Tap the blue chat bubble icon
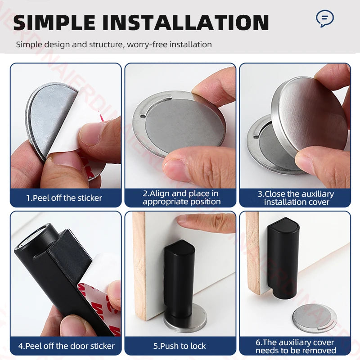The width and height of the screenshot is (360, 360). click(324, 19)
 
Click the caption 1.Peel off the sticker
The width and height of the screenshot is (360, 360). click(64, 198)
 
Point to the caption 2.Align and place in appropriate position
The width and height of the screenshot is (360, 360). click(181, 198)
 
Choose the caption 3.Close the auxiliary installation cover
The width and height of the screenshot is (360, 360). click(296, 198)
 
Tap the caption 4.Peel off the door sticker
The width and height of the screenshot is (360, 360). click(66, 346)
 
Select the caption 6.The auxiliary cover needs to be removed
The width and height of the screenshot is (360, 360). click(296, 346)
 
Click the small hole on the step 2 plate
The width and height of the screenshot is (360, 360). click(143, 116)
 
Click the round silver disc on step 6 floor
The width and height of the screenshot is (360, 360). click(314, 317)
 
